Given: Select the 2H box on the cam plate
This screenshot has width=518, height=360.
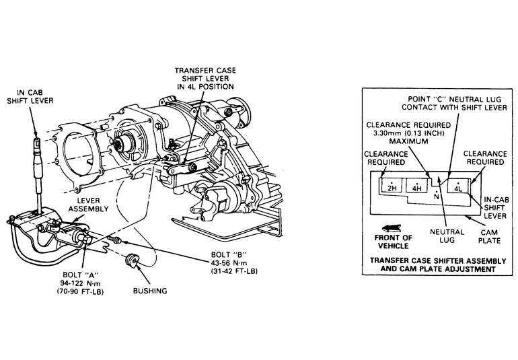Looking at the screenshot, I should (x=390, y=186).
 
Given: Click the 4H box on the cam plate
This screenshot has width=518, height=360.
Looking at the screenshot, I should (x=418, y=186).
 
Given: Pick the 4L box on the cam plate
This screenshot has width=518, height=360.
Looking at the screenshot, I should (x=458, y=186).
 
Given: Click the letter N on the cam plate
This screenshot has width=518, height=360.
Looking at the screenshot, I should (x=437, y=197).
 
